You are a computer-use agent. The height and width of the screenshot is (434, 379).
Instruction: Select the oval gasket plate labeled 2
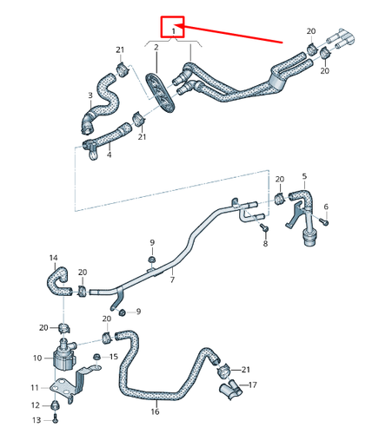156,90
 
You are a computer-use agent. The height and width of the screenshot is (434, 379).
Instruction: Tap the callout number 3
89,95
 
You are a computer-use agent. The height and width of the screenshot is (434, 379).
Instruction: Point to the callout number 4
109,155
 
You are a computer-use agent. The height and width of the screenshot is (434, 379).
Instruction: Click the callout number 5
305,176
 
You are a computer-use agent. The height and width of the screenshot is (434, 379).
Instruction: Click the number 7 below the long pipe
172,279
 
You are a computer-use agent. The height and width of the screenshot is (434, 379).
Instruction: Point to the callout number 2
156,45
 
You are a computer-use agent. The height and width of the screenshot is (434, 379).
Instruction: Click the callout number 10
37,357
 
